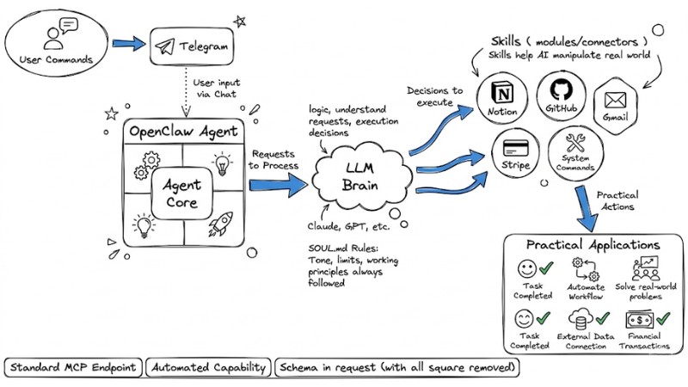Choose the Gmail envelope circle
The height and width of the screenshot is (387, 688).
[616, 102]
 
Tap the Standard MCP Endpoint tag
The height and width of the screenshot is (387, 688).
[72, 368]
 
